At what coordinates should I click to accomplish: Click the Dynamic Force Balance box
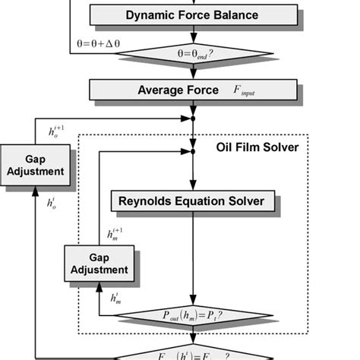pos(192,14)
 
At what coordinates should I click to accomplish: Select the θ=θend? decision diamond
pos(194,54)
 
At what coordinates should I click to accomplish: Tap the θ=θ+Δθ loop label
pos(103,44)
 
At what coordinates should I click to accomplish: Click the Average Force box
pos(192,90)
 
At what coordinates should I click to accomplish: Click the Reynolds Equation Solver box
pos(191,201)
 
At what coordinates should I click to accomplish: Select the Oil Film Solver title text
pos(257,147)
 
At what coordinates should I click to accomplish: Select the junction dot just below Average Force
pos(194,118)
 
